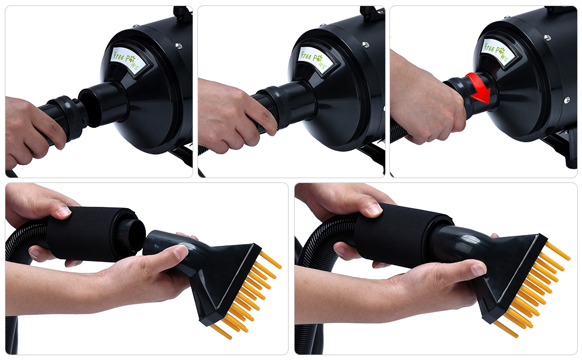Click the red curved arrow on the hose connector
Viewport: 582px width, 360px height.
480,87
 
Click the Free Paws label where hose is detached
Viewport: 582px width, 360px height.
126,59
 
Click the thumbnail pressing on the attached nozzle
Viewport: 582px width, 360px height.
478,269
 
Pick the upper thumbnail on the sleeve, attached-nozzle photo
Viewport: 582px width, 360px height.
374,209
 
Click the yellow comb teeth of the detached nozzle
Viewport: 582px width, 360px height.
252,294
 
